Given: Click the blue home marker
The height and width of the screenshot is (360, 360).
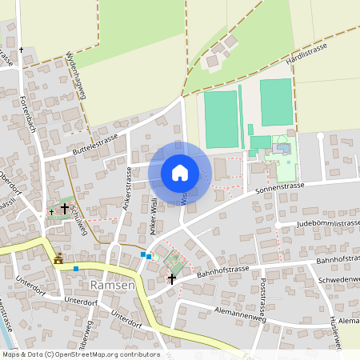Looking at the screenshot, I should [180, 172].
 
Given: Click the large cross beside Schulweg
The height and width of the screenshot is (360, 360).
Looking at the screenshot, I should [65, 208].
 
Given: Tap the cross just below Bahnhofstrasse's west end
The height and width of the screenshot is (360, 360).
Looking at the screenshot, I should [171, 278].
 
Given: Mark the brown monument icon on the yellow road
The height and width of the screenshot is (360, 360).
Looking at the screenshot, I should [58, 258].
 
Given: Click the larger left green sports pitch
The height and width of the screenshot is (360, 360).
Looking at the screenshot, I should [221, 118].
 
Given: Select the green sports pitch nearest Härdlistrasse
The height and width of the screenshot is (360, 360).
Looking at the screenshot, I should [276, 102].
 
